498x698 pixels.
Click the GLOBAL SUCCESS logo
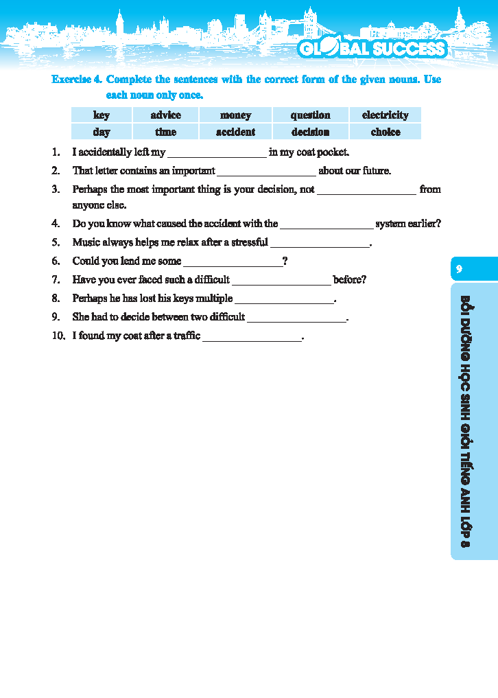pyautogui.click(x=372, y=49)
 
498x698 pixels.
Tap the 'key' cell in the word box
pyautogui.click(x=102, y=115)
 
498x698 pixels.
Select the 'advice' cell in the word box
pyautogui.click(x=165, y=115)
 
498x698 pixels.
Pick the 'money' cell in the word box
pyautogui.click(x=235, y=115)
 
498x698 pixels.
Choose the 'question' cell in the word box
pyautogui.click(x=310, y=115)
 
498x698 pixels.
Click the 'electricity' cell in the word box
pyautogui.click(x=385, y=115)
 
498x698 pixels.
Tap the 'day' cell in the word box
pyautogui.click(x=102, y=132)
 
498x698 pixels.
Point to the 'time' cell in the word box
pyautogui.click(x=165, y=132)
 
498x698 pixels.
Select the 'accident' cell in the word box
pyautogui.click(x=235, y=132)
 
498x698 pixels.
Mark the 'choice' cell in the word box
pyautogui.click(x=385, y=132)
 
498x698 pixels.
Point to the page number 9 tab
pyautogui.click(x=460, y=269)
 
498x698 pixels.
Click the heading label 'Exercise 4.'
pyautogui.click(x=77, y=80)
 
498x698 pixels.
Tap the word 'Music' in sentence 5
pyautogui.click(x=86, y=242)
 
